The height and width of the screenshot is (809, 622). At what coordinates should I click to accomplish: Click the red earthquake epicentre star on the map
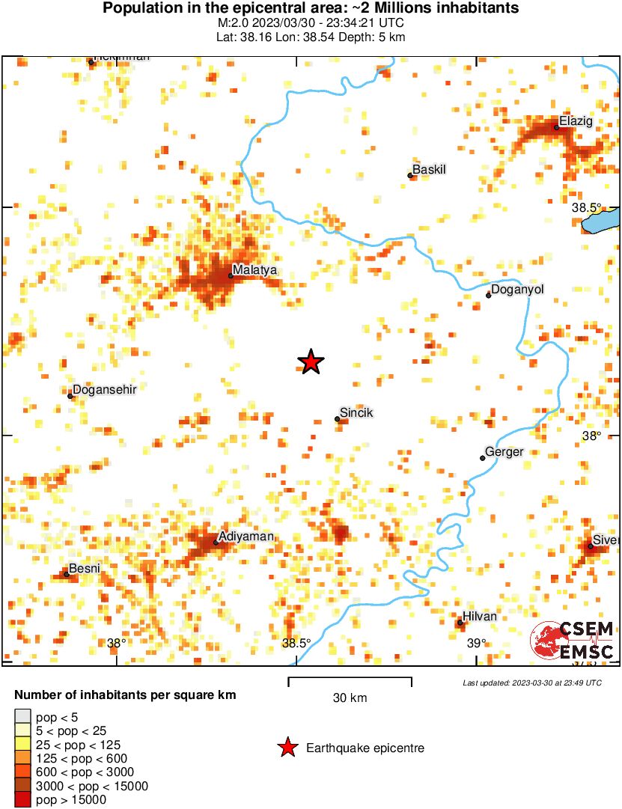tap(311, 362)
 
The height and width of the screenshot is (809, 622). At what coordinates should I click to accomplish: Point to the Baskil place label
tap(430, 170)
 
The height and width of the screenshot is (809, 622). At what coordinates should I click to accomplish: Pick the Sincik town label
tap(356, 412)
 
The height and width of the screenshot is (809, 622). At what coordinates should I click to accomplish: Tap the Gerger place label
tap(504, 452)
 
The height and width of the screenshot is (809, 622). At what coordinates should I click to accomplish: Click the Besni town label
tap(85, 568)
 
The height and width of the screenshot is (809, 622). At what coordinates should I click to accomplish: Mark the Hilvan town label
tap(481, 617)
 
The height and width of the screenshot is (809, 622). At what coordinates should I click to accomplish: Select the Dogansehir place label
tap(104, 390)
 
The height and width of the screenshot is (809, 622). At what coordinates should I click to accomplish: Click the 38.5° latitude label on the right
tap(587, 207)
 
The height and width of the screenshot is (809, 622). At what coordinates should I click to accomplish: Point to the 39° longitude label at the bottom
tap(477, 643)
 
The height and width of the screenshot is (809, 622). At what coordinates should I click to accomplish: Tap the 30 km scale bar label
tap(350, 698)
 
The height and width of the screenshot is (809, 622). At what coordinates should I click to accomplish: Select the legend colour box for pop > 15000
tap(23, 799)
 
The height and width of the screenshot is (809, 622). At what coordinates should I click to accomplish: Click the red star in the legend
tap(286, 748)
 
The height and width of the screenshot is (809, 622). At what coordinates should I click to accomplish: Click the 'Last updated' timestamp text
tap(531, 683)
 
